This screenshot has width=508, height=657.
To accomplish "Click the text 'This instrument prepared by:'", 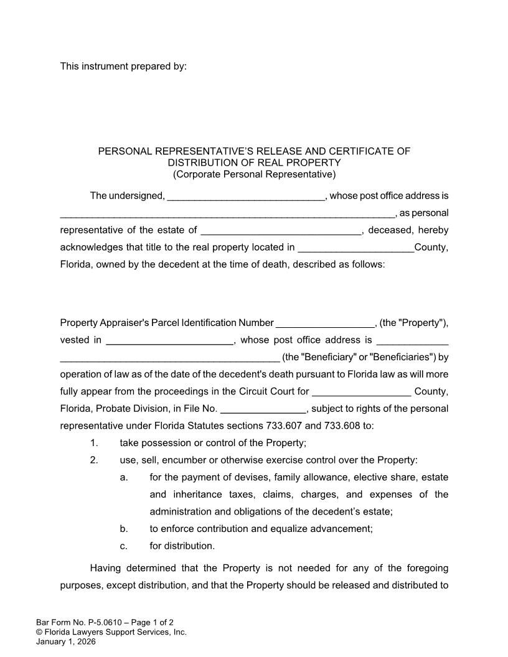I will (x=123, y=66).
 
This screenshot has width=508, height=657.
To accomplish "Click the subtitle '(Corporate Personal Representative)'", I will (x=254, y=174).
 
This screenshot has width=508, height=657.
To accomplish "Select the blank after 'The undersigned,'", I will (x=246, y=197).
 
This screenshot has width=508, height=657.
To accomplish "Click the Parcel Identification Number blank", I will (x=324, y=324).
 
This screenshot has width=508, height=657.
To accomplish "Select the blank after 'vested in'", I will (x=169, y=341).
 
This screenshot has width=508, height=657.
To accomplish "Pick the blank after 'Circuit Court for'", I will (x=361, y=393).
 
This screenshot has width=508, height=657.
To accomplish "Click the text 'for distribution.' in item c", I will (x=182, y=546).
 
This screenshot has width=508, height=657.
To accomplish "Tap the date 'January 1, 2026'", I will (x=66, y=642).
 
